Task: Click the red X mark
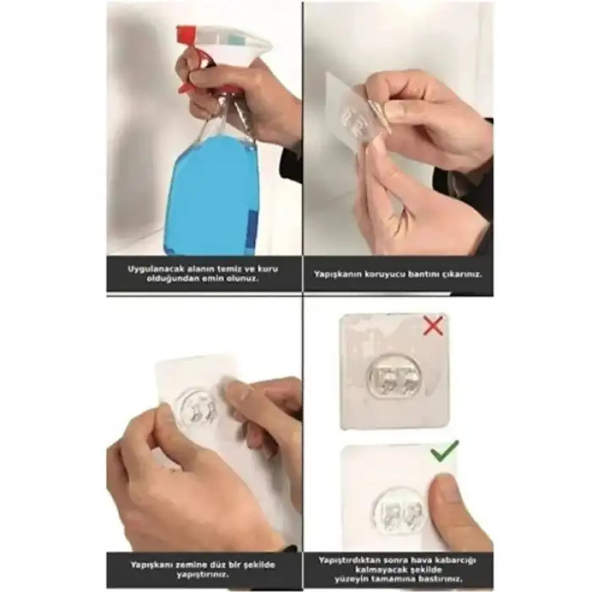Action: click(x=433, y=326)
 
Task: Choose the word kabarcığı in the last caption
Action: click(x=453, y=559)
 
